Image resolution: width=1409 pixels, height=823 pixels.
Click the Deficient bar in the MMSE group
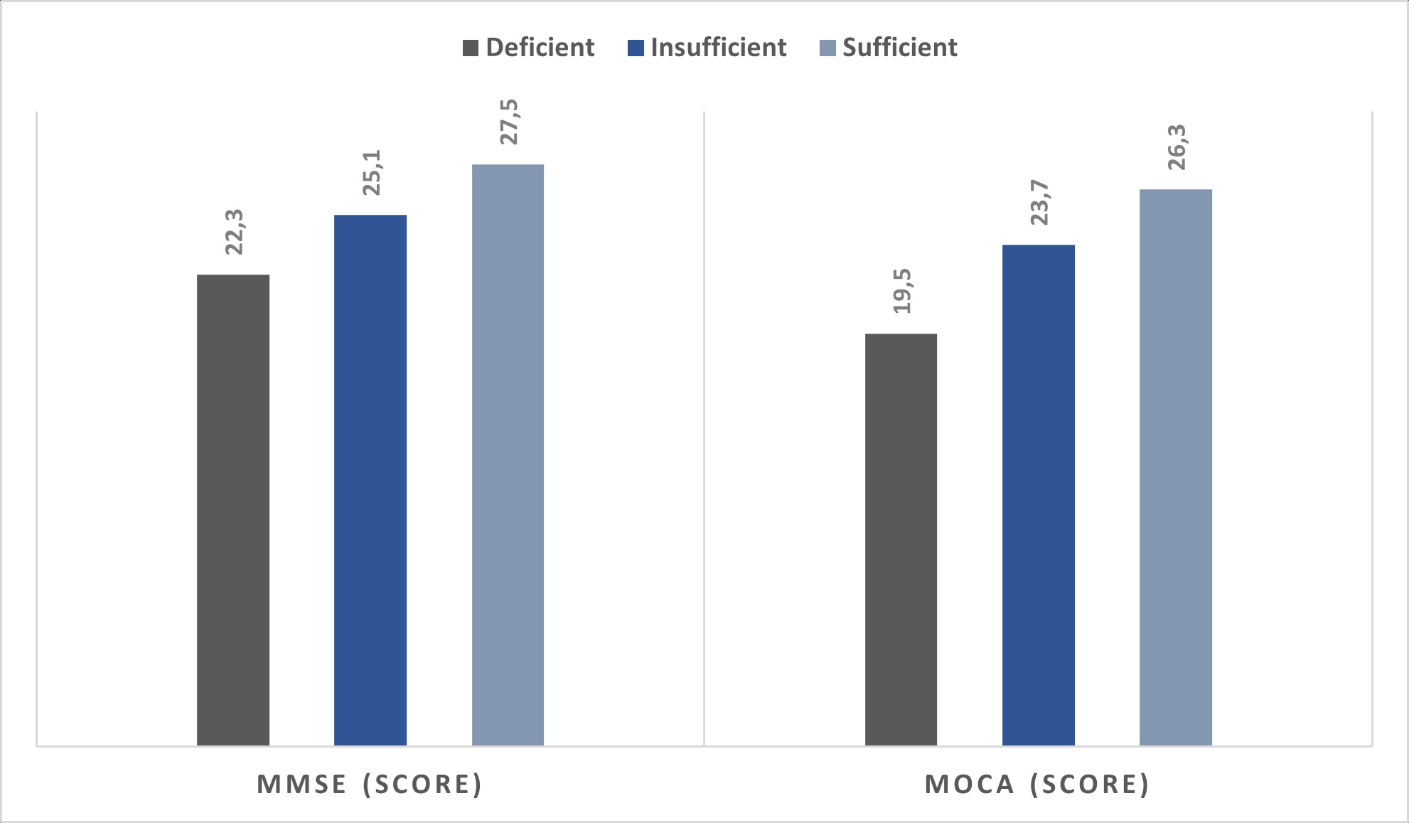pyautogui.click(x=233, y=509)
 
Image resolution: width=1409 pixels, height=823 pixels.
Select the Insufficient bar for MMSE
pyautogui.click(x=370, y=479)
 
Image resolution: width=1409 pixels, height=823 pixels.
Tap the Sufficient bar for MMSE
pyautogui.click(x=508, y=455)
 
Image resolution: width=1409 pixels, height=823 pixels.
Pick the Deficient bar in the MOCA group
pyautogui.click(x=901, y=539)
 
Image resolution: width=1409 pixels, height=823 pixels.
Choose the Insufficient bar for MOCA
pyautogui.click(x=1038, y=494)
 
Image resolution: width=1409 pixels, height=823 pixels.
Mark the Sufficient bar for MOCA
pyautogui.click(x=1175, y=467)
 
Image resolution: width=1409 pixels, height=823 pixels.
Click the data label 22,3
pyautogui.click(x=234, y=232)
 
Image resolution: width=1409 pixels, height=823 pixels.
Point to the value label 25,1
pyautogui.click(x=372, y=172)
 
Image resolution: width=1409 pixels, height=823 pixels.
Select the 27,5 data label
pyautogui.click(x=509, y=122)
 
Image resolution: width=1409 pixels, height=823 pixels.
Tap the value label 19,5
pyautogui.click(x=902, y=291)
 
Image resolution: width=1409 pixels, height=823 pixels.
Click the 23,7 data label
pyautogui.click(x=1039, y=202)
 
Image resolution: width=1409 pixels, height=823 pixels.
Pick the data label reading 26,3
pyautogui.click(x=1177, y=147)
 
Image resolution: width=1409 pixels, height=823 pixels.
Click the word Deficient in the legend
pyautogui.click(x=540, y=48)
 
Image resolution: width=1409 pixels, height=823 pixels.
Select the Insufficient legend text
pyautogui.click(x=718, y=48)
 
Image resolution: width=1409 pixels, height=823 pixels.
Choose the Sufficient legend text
pyautogui.click(x=899, y=48)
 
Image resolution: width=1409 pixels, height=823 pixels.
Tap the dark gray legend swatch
pyautogui.click(x=471, y=48)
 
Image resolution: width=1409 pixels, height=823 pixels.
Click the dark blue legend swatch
pyautogui.click(x=636, y=48)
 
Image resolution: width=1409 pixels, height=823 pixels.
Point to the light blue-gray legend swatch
pyautogui.click(x=827, y=48)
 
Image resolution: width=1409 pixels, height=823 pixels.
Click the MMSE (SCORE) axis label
pyautogui.click(x=370, y=784)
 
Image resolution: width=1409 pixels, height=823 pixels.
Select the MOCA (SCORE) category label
pyautogui.click(x=1037, y=784)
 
